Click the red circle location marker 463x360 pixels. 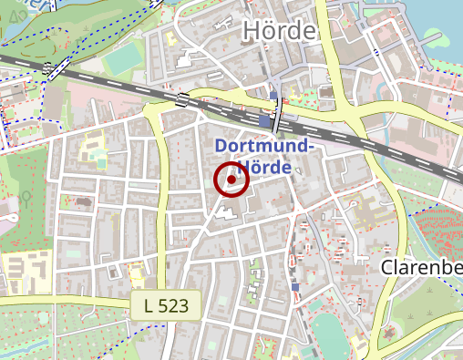(x=231, y=180)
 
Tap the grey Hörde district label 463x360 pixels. (x=279, y=31)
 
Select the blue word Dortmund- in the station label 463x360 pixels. (x=264, y=147)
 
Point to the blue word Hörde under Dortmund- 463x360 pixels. (x=268, y=169)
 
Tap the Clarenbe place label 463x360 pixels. (x=421, y=268)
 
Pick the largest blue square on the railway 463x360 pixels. (x=264, y=120)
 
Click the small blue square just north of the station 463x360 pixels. (x=273, y=95)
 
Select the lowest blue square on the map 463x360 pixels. (x=295, y=287)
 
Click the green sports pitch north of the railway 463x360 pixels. (x=121, y=61)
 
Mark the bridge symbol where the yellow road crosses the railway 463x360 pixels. (x=184, y=99)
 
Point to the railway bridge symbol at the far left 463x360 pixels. (x=51, y=69)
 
